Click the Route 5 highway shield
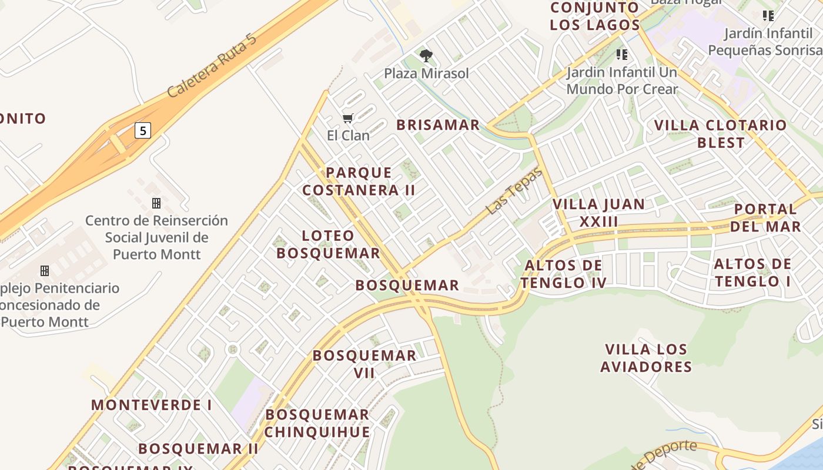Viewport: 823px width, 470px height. pos(143,130)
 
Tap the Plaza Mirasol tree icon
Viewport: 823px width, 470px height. pos(426,56)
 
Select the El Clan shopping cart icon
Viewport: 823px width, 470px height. pos(348,119)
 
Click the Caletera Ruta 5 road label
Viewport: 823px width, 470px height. pos(212,65)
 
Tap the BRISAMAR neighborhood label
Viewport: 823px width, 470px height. pos(438,125)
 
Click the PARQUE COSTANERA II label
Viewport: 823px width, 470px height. pos(359,182)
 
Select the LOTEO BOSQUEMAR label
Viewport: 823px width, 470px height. pos(328,244)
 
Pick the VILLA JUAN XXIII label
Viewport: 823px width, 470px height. pos(598,213)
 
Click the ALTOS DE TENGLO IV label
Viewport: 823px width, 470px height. pos(563,274)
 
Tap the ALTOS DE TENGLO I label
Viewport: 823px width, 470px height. pos(752,273)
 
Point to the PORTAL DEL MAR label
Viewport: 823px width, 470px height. pos(767,218)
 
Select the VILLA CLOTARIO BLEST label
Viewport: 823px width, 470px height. pos(720,134)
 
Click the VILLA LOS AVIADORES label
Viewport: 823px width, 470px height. pos(646,358)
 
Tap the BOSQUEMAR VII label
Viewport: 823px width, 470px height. pos(364,364)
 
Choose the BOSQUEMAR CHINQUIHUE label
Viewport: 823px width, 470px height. pos(317,423)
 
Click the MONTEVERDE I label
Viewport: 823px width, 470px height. pos(151,405)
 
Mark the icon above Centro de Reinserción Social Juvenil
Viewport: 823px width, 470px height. pos(156,203)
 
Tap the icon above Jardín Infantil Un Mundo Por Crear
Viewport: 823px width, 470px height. pos(621,55)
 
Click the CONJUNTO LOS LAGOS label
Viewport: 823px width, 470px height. pos(595,16)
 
